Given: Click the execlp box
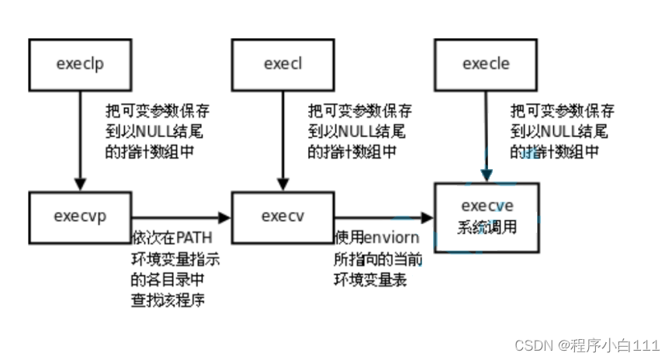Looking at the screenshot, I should (80, 64).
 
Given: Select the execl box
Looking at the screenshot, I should (282, 64).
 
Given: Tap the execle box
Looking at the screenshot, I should (487, 64).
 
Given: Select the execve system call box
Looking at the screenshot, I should (487, 216).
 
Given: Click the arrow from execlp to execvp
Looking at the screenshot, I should (80, 140).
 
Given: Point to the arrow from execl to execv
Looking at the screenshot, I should (282, 140).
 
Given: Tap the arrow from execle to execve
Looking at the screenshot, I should (487, 136).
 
